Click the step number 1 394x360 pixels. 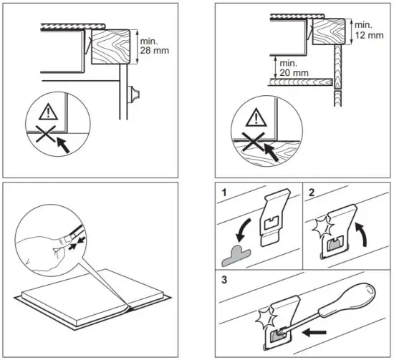(224, 193)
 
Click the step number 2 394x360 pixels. (311, 193)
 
